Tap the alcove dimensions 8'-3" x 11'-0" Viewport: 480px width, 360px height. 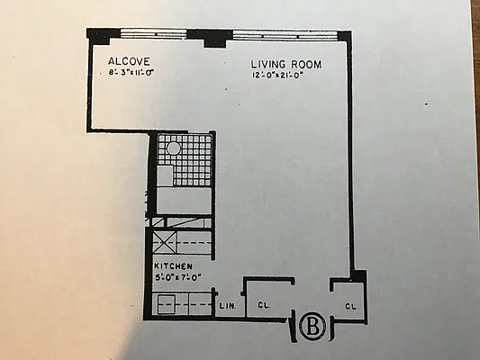point(125,74)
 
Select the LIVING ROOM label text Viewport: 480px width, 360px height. point(285,65)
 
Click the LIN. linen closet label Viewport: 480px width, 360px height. point(228,307)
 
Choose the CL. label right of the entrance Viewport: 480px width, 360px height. point(351,307)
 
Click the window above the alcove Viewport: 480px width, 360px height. point(160,34)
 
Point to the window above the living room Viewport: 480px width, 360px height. point(285,34)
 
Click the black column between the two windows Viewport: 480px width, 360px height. point(214,38)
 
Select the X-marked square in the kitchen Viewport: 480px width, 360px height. point(164,242)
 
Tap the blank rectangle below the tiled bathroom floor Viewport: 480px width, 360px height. point(186,199)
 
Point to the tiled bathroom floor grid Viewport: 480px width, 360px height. point(189,160)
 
